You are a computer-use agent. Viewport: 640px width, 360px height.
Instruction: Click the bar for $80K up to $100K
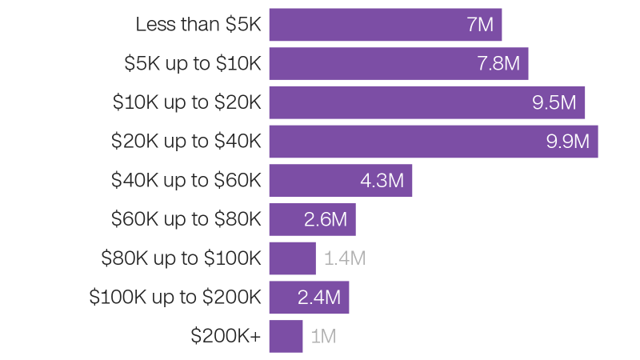click(x=292, y=258)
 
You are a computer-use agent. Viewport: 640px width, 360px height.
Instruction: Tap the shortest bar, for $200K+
click(x=286, y=336)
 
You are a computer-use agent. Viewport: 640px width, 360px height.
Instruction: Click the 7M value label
click(x=480, y=25)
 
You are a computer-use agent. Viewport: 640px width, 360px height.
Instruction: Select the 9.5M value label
click(x=554, y=102)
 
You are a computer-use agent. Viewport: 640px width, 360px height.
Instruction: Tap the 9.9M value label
click(x=567, y=142)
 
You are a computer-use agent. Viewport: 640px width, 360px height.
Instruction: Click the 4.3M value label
click(x=382, y=181)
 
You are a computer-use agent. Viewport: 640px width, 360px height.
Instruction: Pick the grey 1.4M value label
click(x=345, y=258)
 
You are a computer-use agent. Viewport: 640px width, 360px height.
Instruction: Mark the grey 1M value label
click(x=323, y=336)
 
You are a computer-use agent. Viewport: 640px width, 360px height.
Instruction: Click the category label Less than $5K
click(x=198, y=25)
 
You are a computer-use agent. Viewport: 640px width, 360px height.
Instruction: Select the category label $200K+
click(x=226, y=336)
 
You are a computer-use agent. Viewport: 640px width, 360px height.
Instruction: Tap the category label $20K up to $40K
click(x=186, y=142)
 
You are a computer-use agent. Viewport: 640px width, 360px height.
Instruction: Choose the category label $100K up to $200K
click(x=175, y=298)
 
